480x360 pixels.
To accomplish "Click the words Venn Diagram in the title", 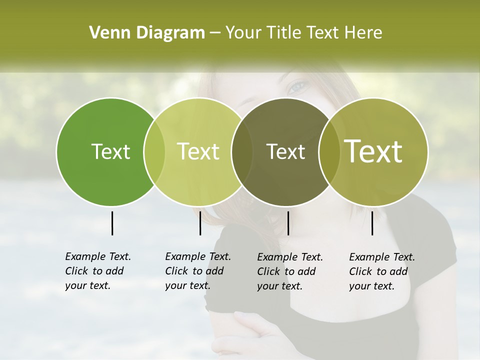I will click(147, 33).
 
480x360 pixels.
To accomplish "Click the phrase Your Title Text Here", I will click(303, 33).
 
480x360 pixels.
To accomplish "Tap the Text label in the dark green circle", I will click(110, 151).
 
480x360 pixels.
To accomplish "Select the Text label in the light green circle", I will click(198, 151).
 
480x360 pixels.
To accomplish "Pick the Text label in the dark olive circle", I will click(285, 151).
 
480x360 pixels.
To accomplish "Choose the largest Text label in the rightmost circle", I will click(373, 151).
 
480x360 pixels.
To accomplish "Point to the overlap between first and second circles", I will click(154, 151).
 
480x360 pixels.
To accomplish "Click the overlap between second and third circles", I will click(241, 151).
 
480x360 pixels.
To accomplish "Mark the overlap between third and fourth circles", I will click(329, 151).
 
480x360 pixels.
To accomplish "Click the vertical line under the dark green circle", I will click(112, 223).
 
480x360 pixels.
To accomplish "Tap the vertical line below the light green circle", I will click(200, 223).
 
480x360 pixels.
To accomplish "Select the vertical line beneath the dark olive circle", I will click(288, 223).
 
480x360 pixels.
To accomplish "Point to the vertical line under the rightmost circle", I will click(372, 223).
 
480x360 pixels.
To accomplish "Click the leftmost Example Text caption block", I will click(98, 271).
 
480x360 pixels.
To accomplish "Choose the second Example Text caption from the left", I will click(198, 271).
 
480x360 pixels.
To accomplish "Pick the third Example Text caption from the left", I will click(290, 271).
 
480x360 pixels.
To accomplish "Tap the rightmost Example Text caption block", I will click(382, 271).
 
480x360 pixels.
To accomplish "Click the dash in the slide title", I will click(215, 33).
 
